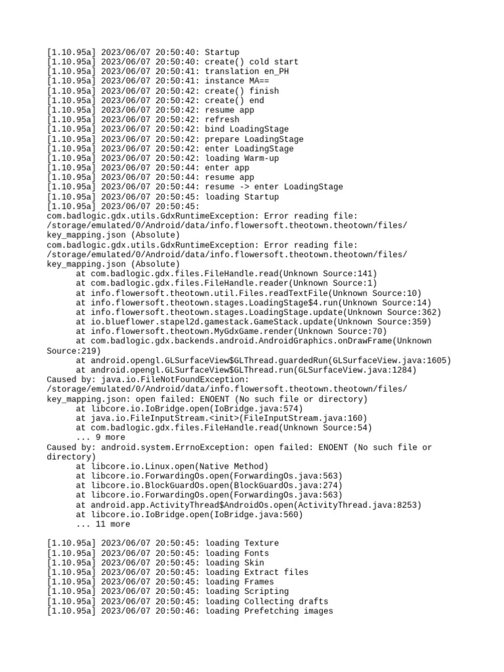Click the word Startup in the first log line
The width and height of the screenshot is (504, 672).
pyautogui.click(x=222, y=52)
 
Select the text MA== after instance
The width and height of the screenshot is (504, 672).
pyautogui.click(x=256, y=81)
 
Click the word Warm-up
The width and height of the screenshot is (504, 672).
pyautogui.click(x=261, y=158)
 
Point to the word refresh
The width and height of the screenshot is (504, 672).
pyautogui.click(x=222, y=119)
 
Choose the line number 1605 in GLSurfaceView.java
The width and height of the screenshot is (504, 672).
pyautogui.click(x=436, y=360)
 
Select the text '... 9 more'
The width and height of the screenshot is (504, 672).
pyautogui.click(x=100, y=437)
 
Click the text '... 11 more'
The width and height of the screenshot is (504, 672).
pyautogui.click(x=103, y=524)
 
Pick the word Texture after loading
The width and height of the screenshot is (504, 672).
pyautogui.click(x=261, y=543)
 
